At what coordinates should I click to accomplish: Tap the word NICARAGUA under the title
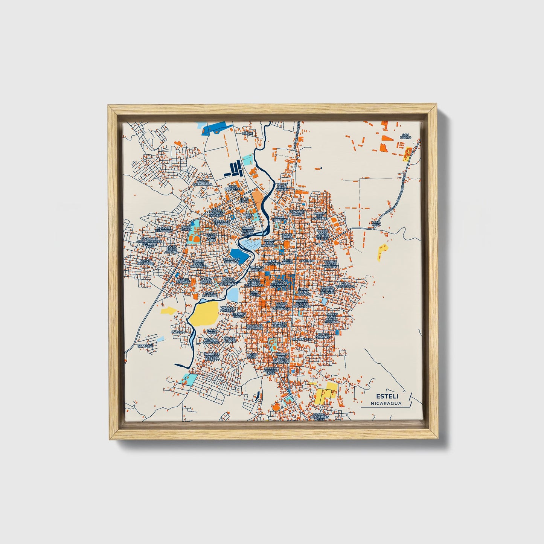(x=386, y=404)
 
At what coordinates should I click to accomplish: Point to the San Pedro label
(x=405, y=136)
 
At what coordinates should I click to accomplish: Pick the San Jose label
(x=145, y=346)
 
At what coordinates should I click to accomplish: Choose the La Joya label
(x=178, y=332)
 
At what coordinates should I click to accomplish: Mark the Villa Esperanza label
(x=347, y=285)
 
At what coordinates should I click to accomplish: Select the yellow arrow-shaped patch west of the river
(x=168, y=311)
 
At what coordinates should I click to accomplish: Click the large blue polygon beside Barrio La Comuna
(x=239, y=256)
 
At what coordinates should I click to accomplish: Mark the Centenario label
(x=302, y=339)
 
